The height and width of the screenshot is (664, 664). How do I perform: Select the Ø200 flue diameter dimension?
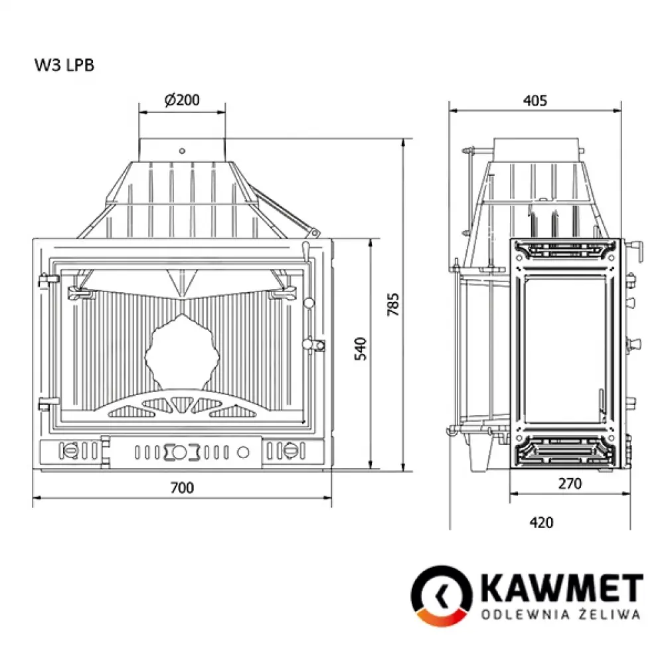coord(181,100)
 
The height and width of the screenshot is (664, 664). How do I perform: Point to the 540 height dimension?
coord(361,349)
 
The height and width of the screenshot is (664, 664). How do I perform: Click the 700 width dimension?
coord(181,488)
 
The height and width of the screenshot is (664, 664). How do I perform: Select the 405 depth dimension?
coord(535,101)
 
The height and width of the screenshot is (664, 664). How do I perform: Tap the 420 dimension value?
coord(542,523)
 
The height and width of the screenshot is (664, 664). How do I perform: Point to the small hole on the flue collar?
coord(182,151)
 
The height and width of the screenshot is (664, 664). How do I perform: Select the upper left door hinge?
coord(45,280)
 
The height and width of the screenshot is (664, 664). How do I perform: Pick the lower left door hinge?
coord(45,402)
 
